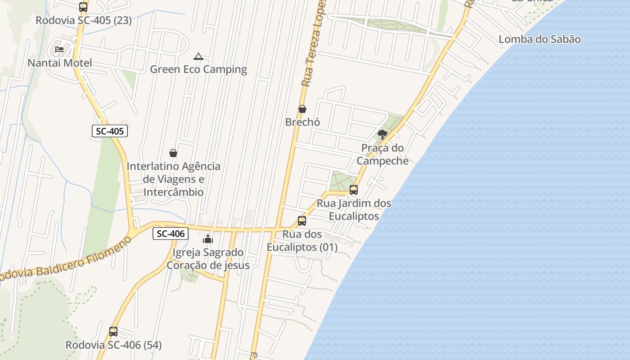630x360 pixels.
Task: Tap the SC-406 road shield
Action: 170,234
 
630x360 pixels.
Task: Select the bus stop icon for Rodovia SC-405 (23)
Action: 83,7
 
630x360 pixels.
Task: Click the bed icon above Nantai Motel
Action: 59,49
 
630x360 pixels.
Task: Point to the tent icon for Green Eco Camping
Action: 198,57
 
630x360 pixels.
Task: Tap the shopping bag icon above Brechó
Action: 302,109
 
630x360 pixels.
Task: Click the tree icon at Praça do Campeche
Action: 382,134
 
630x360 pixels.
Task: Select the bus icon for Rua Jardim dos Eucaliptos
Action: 354,190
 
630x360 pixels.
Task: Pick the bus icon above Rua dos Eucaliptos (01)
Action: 302,221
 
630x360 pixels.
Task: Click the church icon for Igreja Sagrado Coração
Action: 208,239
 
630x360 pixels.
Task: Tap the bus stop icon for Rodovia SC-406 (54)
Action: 113,332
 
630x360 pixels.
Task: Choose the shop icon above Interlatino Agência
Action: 173,153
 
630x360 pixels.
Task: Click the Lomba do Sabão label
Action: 539,39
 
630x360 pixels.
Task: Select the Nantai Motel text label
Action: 60,63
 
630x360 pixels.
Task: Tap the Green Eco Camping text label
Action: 198,69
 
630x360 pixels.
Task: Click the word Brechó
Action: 302,122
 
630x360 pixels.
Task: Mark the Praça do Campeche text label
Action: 382,154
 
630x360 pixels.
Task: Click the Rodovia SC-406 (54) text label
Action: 113,345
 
